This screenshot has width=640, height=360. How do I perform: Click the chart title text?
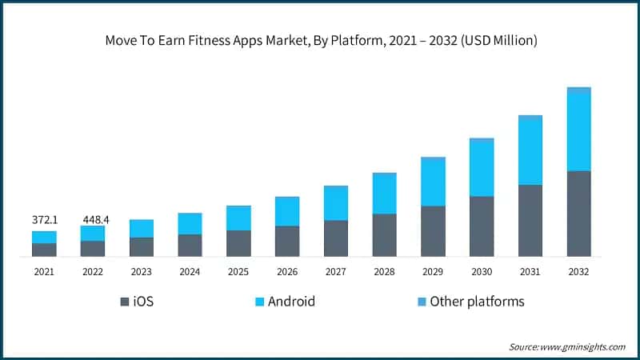tap(320, 41)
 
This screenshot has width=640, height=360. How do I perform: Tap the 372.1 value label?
tap(44, 219)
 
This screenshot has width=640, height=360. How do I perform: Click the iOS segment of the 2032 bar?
tap(578, 214)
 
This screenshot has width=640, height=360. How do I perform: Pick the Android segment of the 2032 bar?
tap(578, 131)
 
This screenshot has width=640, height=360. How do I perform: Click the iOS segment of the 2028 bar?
tap(384, 235)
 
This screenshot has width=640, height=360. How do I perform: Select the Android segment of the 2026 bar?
tap(287, 211)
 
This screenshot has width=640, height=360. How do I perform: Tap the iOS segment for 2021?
tap(44, 250)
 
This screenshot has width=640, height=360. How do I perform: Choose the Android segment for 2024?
tap(190, 223)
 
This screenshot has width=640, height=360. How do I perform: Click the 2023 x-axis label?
tap(142, 272)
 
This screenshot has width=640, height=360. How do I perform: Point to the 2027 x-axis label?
tap(335, 272)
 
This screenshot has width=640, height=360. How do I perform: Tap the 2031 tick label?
tap(530, 272)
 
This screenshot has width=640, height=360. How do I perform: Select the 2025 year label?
tap(238, 272)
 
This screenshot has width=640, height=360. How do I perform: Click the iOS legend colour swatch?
tap(124, 302)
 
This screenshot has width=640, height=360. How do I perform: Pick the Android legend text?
tap(291, 302)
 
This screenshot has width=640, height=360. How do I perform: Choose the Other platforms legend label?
tap(477, 302)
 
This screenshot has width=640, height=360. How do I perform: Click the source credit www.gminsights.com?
tap(567, 346)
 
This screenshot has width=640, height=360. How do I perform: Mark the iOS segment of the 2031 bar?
tap(530, 221)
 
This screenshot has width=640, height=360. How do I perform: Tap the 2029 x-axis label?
tap(433, 272)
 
